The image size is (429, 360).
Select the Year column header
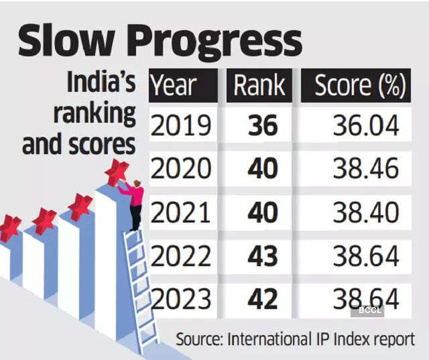(x=174, y=86)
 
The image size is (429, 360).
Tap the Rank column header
(x=259, y=86)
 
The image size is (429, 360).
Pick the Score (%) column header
(x=360, y=86)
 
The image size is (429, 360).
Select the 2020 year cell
(x=181, y=170)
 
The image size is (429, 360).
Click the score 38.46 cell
(x=366, y=170)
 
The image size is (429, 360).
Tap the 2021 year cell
(x=181, y=213)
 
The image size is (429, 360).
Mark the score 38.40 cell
(x=366, y=213)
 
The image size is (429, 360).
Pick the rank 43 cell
(x=262, y=255)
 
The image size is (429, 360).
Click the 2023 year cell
(x=181, y=298)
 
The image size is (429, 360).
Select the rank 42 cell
(x=262, y=298)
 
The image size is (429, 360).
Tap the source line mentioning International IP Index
(x=295, y=339)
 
